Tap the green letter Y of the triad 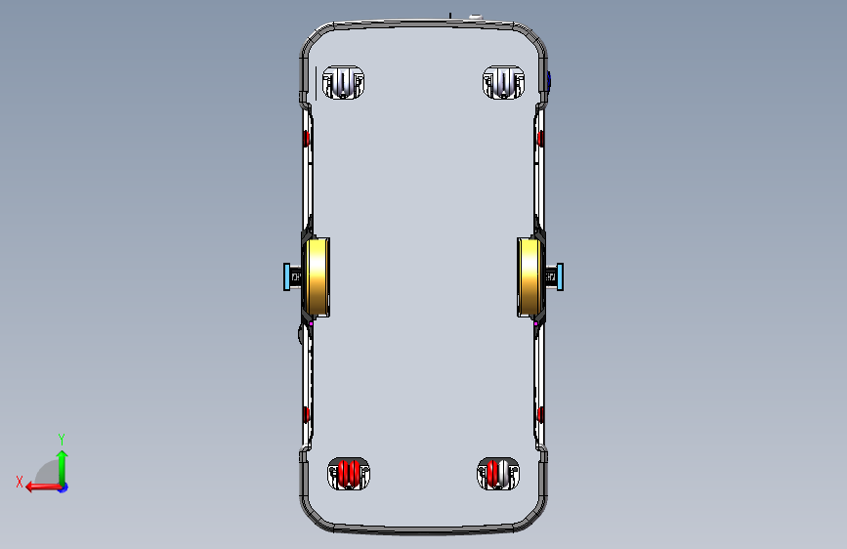point(62,439)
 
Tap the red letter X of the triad point(19,482)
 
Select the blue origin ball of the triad point(63,486)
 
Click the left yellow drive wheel point(318,278)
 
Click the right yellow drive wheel point(529,278)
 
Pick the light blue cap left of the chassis point(287,277)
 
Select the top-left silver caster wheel point(343,83)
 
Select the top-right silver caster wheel point(503,83)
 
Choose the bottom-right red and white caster point(496,474)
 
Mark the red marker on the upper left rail point(307,139)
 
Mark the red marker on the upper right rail point(540,139)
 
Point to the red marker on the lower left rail point(307,415)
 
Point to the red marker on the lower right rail point(540,415)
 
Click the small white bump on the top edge point(476,17)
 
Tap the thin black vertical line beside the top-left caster point(317,82)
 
